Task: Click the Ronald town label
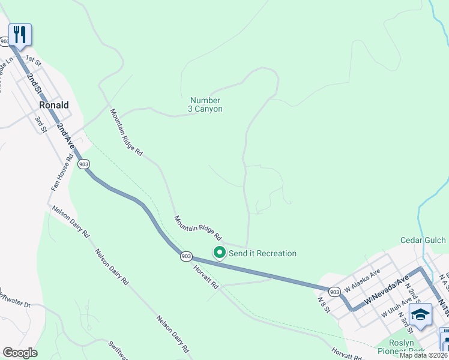click(x=53, y=104)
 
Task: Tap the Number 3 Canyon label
click(x=205, y=104)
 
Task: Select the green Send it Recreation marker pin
click(x=220, y=253)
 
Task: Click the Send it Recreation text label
click(x=262, y=253)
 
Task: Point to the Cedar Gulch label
click(x=423, y=240)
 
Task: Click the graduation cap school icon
click(x=420, y=314)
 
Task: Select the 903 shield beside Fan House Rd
click(x=84, y=164)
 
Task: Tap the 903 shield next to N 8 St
click(x=335, y=292)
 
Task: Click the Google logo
click(x=20, y=353)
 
